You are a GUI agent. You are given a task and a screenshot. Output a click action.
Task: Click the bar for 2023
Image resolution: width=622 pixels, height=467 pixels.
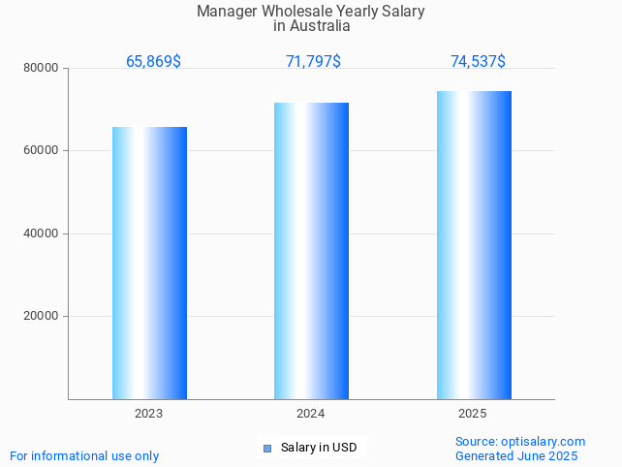pyautogui.click(x=149, y=263)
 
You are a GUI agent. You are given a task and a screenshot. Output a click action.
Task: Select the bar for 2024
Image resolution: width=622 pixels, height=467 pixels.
pyautogui.click(x=311, y=250)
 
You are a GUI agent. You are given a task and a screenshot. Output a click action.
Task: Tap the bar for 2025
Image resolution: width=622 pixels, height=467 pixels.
pyautogui.click(x=474, y=244)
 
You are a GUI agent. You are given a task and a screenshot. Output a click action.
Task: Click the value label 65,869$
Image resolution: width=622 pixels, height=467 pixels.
pyautogui.click(x=153, y=62)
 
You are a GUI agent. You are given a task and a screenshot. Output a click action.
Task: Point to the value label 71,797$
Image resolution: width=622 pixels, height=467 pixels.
pyautogui.click(x=313, y=62)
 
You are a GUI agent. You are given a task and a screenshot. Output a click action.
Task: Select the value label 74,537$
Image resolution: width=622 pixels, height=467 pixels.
pyautogui.click(x=478, y=62)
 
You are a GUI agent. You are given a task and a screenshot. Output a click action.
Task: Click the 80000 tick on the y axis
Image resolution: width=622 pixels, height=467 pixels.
pyautogui.click(x=42, y=68)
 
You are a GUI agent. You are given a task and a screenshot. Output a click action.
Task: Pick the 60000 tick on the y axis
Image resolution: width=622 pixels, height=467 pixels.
pyautogui.click(x=42, y=151)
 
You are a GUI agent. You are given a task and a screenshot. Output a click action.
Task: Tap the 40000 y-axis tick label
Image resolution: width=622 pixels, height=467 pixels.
pyautogui.click(x=42, y=233)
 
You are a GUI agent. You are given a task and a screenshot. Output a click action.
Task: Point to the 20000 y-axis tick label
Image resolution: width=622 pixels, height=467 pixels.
pyautogui.click(x=42, y=316)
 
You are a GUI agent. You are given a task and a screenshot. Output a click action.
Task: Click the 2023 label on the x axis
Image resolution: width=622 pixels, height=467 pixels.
pyautogui.click(x=149, y=414)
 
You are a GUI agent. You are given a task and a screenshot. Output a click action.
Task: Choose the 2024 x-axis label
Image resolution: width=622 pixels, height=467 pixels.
pyautogui.click(x=311, y=414)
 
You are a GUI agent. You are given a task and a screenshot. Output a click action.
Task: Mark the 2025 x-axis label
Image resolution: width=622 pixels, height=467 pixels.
pyautogui.click(x=473, y=414)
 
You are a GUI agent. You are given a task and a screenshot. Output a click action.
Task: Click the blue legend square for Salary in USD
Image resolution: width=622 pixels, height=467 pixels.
pyautogui.click(x=267, y=448)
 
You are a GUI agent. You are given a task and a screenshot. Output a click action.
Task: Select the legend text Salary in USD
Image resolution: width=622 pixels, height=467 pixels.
pyautogui.click(x=319, y=448)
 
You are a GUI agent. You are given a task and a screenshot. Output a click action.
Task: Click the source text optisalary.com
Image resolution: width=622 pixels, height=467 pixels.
pyautogui.click(x=543, y=442)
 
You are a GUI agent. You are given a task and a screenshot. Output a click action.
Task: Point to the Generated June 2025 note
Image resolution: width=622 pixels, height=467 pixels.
pyautogui.click(x=516, y=455)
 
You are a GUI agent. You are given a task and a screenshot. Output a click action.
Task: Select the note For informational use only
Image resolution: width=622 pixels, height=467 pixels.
pyautogui.click(x=84, y=455)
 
